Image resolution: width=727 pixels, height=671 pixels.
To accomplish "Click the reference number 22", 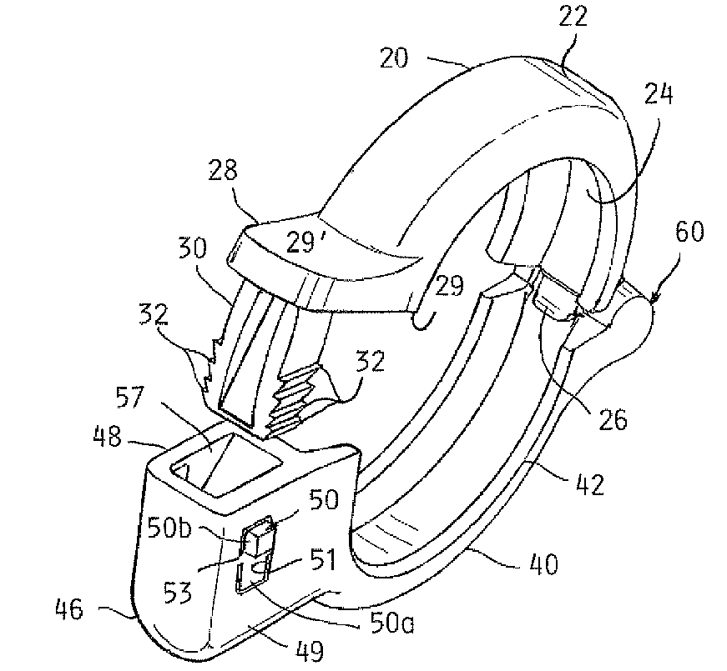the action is pyautogui.click(x=573, y=17).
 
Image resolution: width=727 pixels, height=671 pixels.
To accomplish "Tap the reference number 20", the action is pyautogui.click(x=394, y=58).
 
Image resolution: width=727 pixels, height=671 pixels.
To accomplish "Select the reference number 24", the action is pyautogui.click(x=659, y=94).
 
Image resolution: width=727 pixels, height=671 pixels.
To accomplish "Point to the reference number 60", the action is pyautogui.click(x=689, y=231).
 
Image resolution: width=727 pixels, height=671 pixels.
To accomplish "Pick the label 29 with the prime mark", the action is pyautogui.click(x=305, y=242).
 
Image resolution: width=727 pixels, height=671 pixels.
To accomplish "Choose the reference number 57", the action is pyautogui.click(x=130, y=398).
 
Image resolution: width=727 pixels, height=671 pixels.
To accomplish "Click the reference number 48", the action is pyautogui.click(x=107, y=436).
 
